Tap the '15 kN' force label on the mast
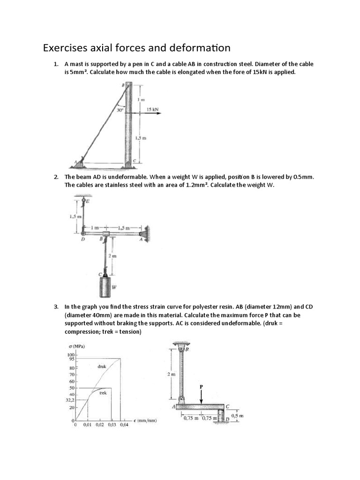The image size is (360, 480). (152, 109)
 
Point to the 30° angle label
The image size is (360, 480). (120, 111)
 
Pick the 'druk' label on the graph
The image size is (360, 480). (102, 366)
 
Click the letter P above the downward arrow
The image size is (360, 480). (202, 386)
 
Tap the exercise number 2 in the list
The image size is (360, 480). (56, 177)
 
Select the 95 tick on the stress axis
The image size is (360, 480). (71, 359)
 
